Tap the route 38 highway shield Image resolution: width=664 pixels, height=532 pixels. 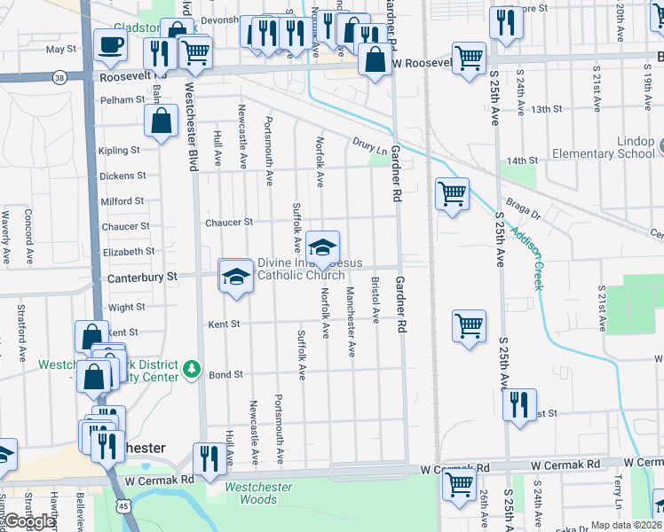click(x=59, y=76)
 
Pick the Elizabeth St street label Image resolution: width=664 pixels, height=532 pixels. click(x=128, y=252)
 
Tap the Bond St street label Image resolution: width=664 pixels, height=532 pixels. click(x=225, y=375)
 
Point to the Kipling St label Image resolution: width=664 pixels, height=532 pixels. click(x=119, y=151)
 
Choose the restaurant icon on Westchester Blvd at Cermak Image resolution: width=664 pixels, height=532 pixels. click(x=209, y=458)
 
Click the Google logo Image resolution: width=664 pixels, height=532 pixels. click(x=30, y=521)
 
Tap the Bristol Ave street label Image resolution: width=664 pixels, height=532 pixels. click(x=375, y=300)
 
